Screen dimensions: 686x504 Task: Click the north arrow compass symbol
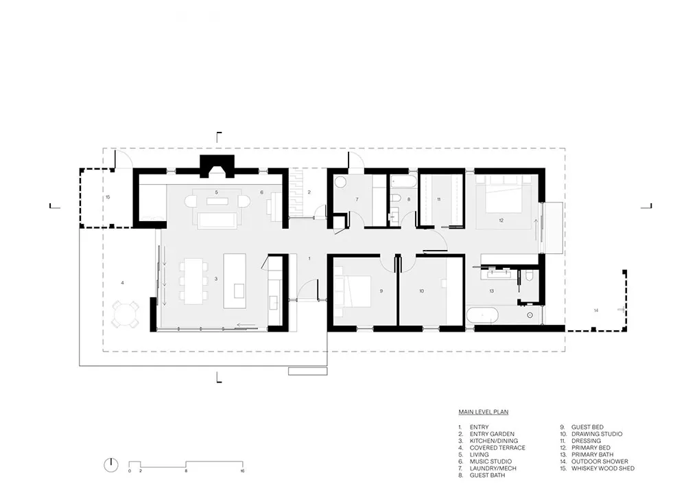(111, 465)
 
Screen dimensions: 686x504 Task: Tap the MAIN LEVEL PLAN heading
(484, 411)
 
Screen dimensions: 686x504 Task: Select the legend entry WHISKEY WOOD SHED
(603, 468)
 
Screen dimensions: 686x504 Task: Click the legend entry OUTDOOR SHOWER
(600, 461)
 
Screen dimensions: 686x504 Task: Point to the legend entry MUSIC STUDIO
(490, 461)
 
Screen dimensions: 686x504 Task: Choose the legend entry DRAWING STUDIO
(597, 434)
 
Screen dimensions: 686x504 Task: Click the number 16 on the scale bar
(242, 471)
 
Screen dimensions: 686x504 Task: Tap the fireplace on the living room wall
(217, 166)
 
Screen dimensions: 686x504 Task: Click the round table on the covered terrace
(126, 314)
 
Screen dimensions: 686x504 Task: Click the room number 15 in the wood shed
(108, 197)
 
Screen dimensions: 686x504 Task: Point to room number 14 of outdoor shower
(596, 310)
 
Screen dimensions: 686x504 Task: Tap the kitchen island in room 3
(235, 281)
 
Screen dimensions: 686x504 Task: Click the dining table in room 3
(193, 281)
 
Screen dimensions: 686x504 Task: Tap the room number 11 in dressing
(439, 199)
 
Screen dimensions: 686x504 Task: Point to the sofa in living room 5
(217, 220)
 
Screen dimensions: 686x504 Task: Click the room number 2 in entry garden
(309, 192)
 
